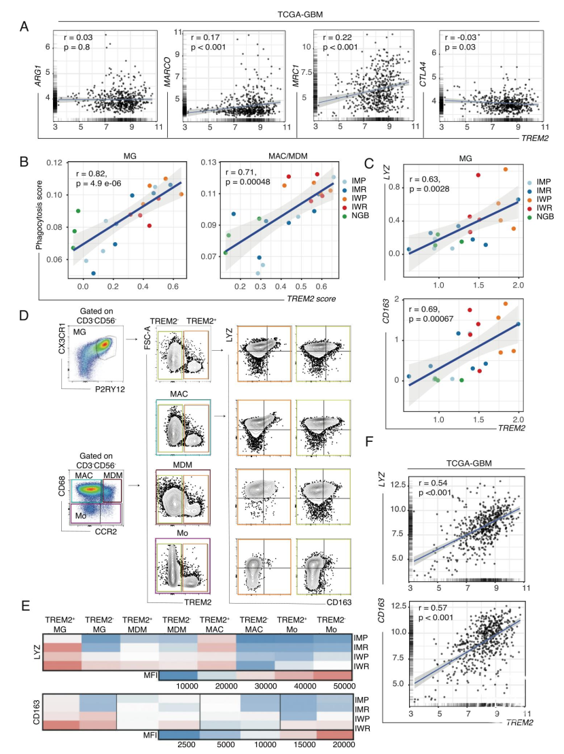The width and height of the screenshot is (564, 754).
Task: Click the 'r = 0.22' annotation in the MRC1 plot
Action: click(x=338, y=36)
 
